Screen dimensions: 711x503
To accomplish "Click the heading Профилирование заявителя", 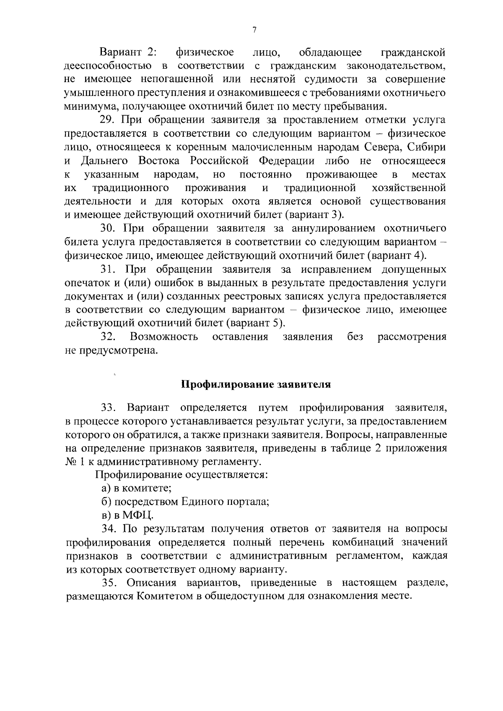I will (256, 385).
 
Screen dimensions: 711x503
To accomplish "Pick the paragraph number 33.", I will (108, 408).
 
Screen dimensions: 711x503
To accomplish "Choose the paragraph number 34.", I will (108, 529).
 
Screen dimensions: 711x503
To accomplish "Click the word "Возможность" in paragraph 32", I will (164, 337).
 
